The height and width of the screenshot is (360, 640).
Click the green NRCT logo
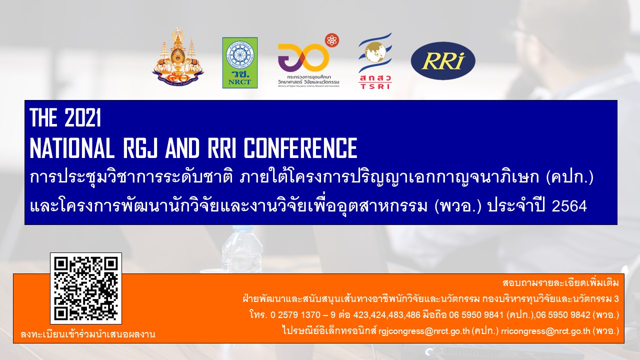(240, 62)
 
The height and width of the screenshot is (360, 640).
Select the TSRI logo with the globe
(375, 61)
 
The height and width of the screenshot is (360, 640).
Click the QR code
(86, 288)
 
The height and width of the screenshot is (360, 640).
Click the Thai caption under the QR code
(87, 334)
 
